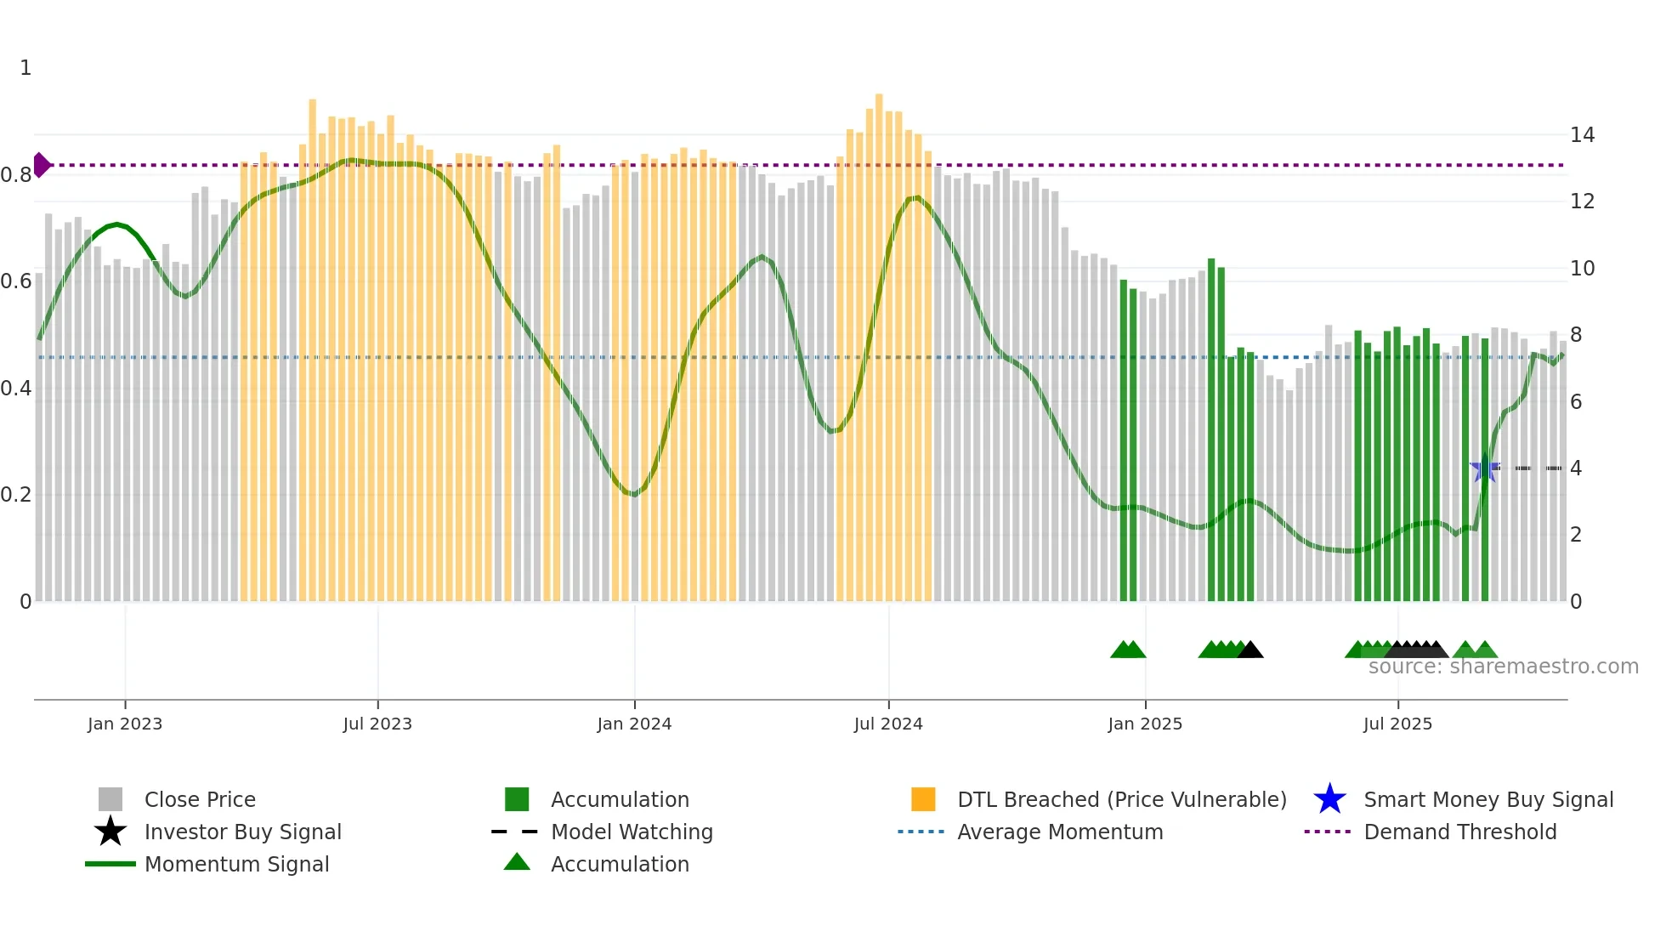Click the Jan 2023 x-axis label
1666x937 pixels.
pyautogui.click(x=125, y=724)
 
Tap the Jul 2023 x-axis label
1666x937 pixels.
pyautogui.click(x=377, y=724)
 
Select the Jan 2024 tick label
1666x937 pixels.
pyautogui.click(x=634, y=724)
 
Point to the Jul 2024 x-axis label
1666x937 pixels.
pyautogui.click(x=888, y=724)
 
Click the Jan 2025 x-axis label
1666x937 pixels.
pyautogui.click(x=1145, y=724)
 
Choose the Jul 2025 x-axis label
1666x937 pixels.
pyautogui.click(x=1397, y=724)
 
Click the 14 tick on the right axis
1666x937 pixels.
pyautogui.click(x=1582, y=135)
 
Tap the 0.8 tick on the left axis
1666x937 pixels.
pyautogui.click(x=16, y=175)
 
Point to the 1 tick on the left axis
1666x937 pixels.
pyautogui.click(x=25, y=68)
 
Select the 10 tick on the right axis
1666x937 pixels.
pyautogui.click(x=1582, y=269)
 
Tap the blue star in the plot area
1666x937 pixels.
pyautogui.click(x=1485, y=468)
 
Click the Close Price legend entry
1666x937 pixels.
pyautogui.click(x=200, y=799)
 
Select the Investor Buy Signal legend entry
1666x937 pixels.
pyautogui.click(x=242, y=832)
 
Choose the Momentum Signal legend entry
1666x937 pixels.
pyautogui.click(x=236, y=864)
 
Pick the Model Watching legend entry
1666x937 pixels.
pyautogui.click(x=632, y=832)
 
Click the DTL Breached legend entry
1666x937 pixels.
pyautogui.click(x=1121, y=799)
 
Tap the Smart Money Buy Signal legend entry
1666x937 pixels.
pyautogui.click(x=1488, y=799)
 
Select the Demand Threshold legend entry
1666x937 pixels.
pyautogui.click(x=1459, y=832)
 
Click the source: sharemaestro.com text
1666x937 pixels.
pyautogui.click(x=1503, y=667)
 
